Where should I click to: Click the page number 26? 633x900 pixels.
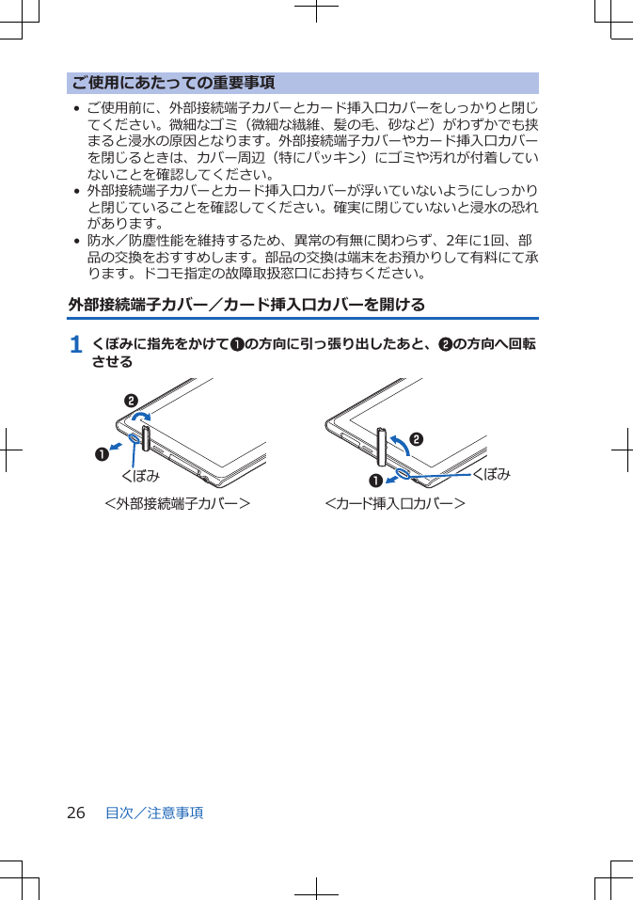click(x=75, y=813)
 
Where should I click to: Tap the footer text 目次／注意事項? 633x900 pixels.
click(x=154, y=813)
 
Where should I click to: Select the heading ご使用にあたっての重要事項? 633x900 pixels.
click(x=173, y=83)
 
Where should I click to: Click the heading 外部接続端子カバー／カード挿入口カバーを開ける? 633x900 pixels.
click(x=246, y=305)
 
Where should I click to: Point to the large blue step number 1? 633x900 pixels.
click(x=75, y=345)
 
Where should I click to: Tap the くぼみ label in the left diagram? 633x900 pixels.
click(x=141, y=474)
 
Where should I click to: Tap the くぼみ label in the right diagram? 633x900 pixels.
click(x=491, y=474)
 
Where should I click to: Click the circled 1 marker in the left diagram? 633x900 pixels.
click(x=98, y=454)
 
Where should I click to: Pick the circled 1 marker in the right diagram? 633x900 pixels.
click(x=376, y=482)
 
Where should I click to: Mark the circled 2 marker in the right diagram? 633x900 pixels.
click(x=415, y=439)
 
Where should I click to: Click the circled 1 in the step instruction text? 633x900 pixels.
click(x=238, y=345)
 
